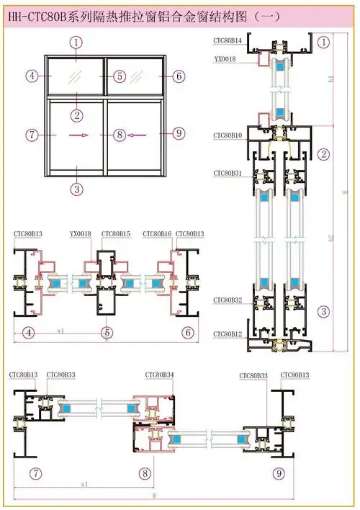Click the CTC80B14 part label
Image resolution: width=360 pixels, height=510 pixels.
pos(227,41)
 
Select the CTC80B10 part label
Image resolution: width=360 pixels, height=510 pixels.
pos(227,135)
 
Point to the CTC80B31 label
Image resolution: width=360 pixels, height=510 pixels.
pos(227,173)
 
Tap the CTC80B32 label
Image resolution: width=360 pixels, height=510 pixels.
pos(227,299)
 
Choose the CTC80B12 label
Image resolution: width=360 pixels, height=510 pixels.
pos(227,334)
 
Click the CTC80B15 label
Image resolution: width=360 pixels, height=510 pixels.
pos(116,233)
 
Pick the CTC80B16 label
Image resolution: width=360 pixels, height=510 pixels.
pos(156,233)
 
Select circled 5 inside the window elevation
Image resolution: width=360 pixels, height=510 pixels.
pos(120,76)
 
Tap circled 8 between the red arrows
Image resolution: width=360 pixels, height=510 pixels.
pos(120,134)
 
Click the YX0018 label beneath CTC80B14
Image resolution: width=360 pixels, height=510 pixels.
pos(223,59)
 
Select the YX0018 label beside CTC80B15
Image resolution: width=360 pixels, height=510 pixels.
pos(81,233)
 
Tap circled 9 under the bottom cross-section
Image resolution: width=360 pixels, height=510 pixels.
pos(278,473)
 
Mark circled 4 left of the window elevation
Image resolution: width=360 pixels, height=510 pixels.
pos(32,76)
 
